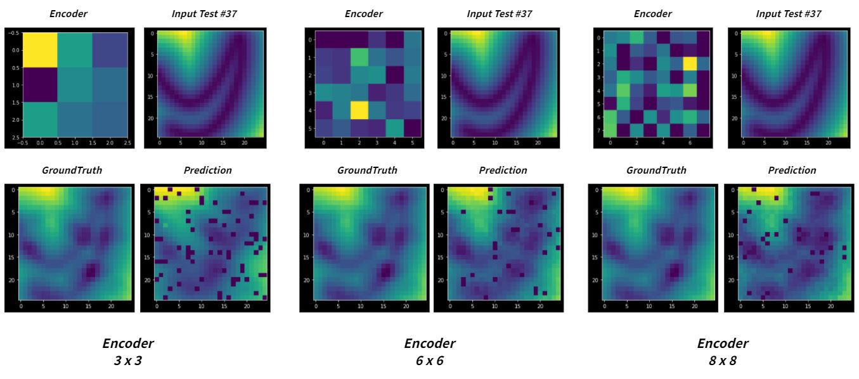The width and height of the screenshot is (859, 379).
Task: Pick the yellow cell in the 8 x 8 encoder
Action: tap(689, 63)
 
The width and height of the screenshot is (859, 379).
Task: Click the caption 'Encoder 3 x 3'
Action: tap(127, 351)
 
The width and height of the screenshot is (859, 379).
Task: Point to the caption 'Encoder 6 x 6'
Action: tap(429, 351)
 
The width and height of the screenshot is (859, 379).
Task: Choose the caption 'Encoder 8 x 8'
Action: tap(722, 351)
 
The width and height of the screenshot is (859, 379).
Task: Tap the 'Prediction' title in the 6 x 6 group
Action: tap(503, 170)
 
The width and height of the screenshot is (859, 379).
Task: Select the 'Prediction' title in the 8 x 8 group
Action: tap(792, 170)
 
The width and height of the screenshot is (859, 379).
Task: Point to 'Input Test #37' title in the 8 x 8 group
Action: tap(792, 13)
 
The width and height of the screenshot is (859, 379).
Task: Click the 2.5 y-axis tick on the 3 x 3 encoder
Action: tap(13, 137)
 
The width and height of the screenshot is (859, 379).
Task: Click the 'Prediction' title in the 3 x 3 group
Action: tap(207, 170)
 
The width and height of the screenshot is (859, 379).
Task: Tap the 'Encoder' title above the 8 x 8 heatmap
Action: tap(652, 13)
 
